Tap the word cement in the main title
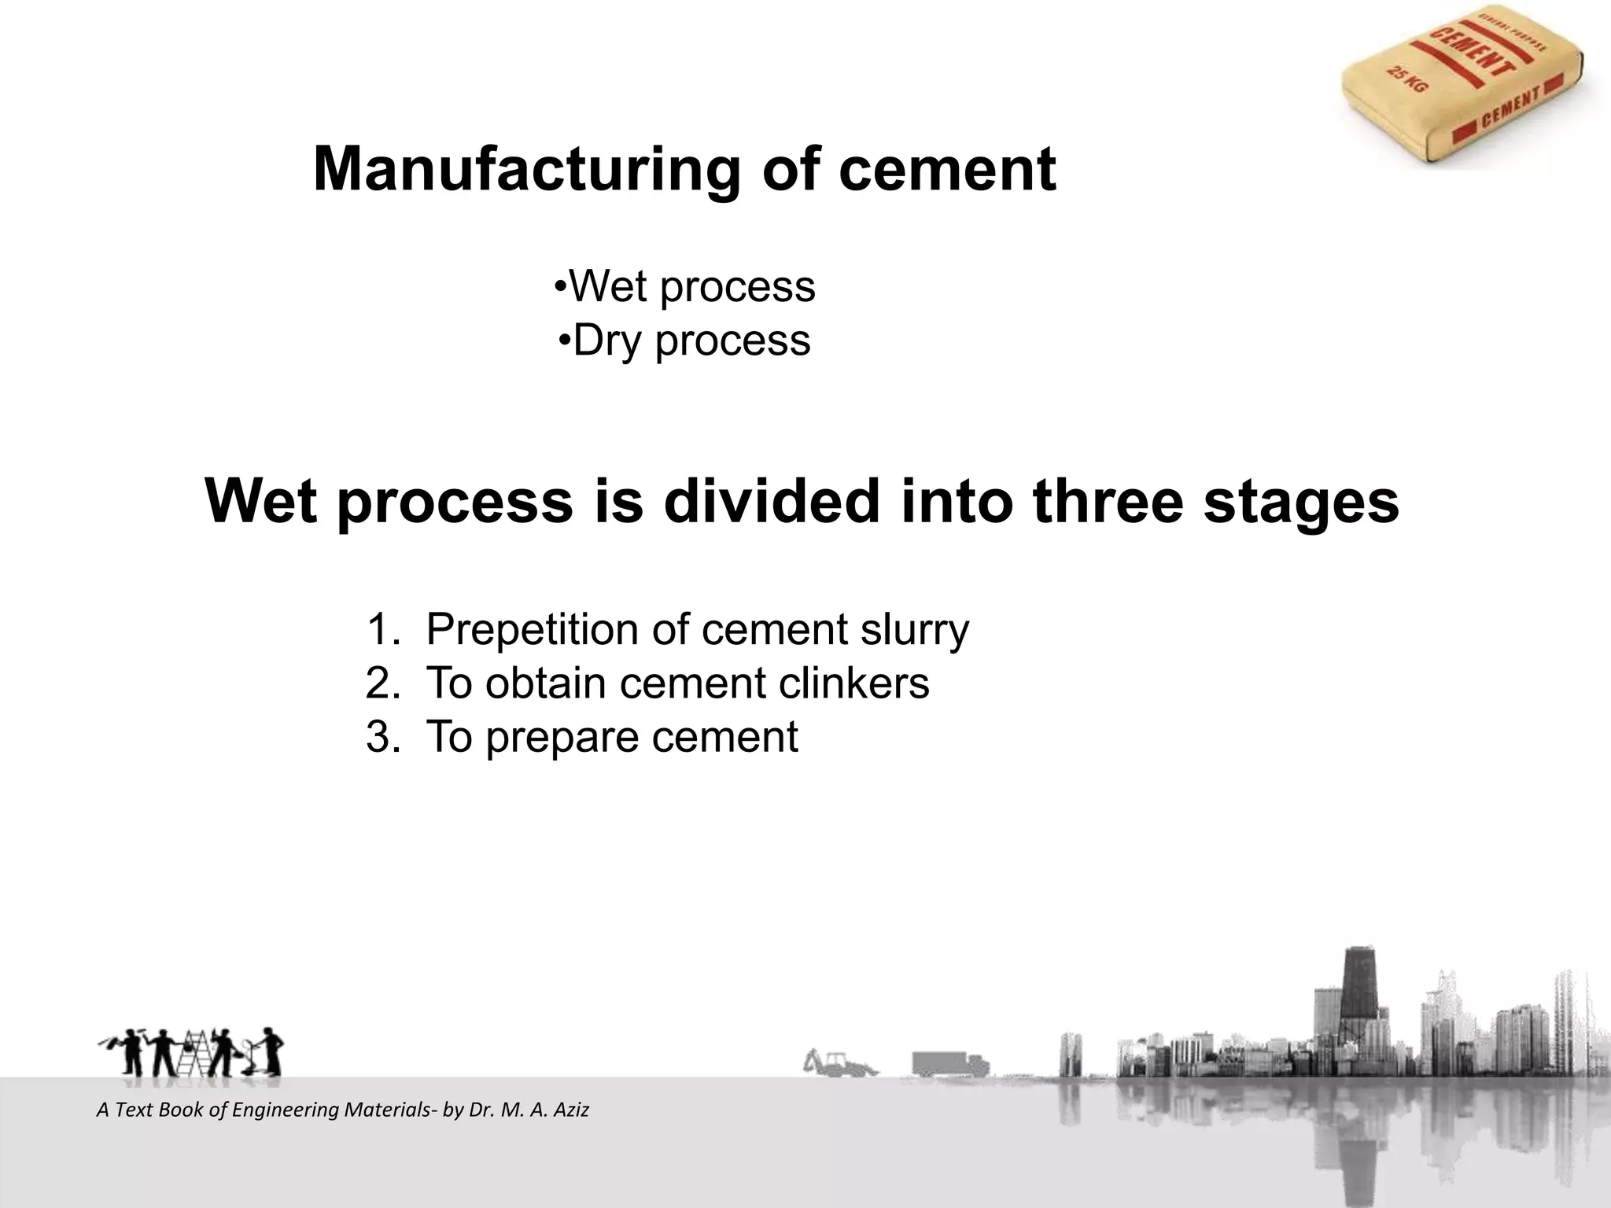coord(947,169)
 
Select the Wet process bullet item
coord(684,286)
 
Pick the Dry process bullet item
coord(684,341)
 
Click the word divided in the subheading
coord(772,501)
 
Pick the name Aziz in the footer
coord(572,1110)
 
